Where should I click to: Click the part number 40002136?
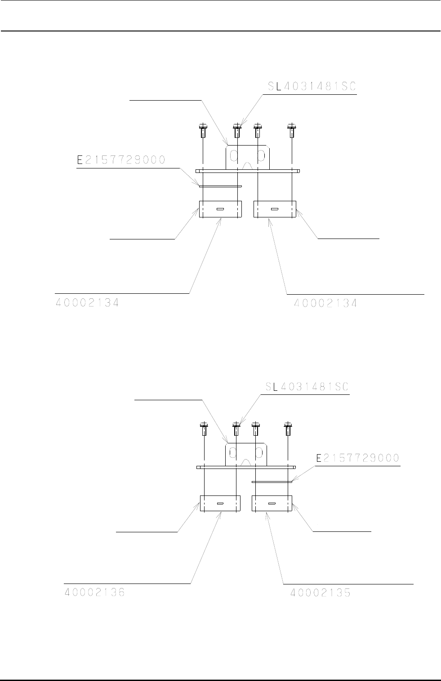pyautogui.click(x=93, y=593)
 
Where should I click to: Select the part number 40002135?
pyautogui.click(x=321, y=593)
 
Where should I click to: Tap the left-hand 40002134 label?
pyautogui.click(x=88, y=303)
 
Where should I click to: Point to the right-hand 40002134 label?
pyautogui.click(x=325, y=303)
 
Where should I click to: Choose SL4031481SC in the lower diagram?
pyautogui.click(x=304, y=387)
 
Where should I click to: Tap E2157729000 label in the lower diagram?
pyautogui.click(x=358, y=458)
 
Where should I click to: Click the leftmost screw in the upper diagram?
pyautogui.click(x=203, y=130)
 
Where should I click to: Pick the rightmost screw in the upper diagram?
pyautogui.click(x=292, y=130)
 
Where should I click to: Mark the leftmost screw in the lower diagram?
pyautogui.click(x=204, y=429)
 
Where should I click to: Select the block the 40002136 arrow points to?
pyautogui.click(x=220, y=504)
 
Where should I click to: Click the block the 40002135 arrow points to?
pyautogui.click(x=272, y=504)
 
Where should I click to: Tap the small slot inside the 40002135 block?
pyautogui.click(x=271, y=504)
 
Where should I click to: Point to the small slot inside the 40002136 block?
pyautogui.click(x=220, y=504)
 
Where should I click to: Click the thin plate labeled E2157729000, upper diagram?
pyautogui.click(x=220, y=186)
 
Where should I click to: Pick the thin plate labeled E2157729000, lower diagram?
pyautogui.click(x=272, y=482)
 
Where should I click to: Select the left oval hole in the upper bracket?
pyautogui.click(x=234, y=156)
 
